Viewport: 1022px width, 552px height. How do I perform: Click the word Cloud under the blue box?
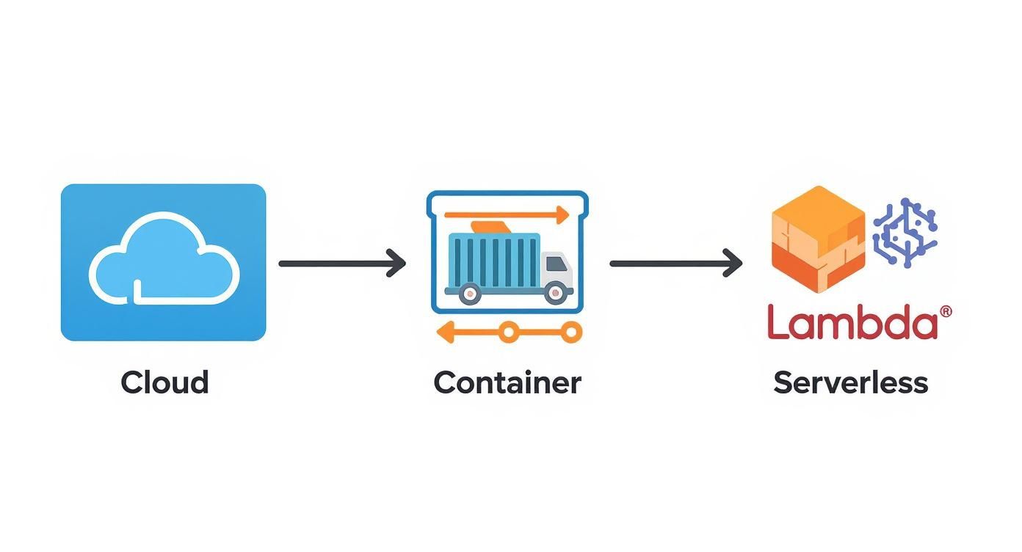tap(164, 383)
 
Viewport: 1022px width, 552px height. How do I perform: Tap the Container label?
tap(507, 383)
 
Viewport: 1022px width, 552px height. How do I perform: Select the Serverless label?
tap(851, 383)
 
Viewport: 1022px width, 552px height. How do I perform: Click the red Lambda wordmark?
tap(852, 324)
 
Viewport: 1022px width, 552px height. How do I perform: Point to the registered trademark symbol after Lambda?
tap(946, 312)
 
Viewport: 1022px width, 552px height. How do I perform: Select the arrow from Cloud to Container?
tap(342, 263)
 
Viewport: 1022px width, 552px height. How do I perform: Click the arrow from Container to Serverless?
tap(676, 263)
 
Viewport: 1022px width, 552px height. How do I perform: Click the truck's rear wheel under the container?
tap(470, 294)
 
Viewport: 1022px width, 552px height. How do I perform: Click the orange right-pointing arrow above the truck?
tap(507, 215)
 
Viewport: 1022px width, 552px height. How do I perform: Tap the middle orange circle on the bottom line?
tap(507, 333)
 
